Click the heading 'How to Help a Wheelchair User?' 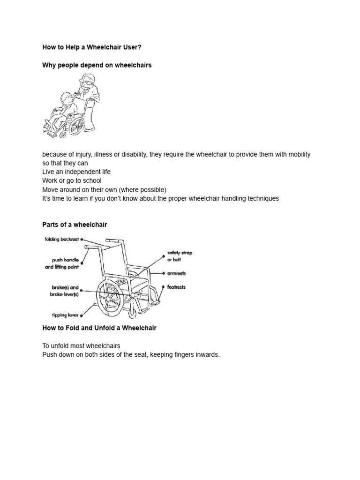coord(92,47)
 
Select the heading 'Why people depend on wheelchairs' coord(97,66)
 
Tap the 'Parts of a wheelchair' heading coord(75,225)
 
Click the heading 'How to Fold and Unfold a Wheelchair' coord(99,328)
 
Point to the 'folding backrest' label coord(62,240)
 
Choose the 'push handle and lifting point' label coord(62,263)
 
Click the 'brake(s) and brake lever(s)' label coord(64,291)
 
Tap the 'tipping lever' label coord(65,315)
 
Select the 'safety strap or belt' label coord(180,256)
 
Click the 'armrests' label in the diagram coord(176,273)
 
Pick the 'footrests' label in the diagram coord(176,287)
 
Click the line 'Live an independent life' coord(76,172)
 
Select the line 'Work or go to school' coord(72,180)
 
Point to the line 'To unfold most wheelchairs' coord(81,346)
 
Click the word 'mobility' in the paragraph coord(299,154)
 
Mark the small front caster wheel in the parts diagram coord(133,314)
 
